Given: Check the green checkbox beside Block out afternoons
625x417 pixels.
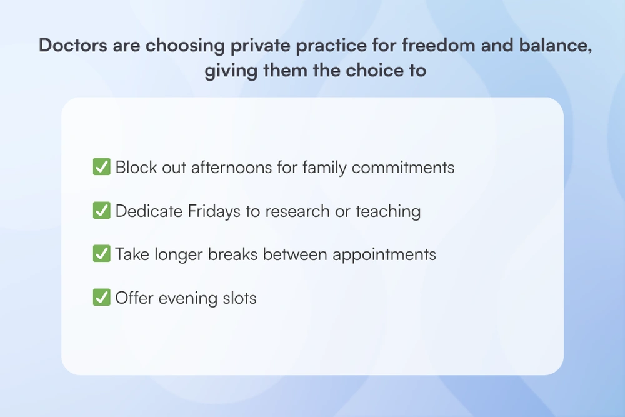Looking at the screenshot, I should tap(101, 168).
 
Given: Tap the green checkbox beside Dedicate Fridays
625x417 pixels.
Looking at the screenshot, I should tap(101, 211).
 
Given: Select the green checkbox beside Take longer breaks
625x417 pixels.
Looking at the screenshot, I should tap(101, 254).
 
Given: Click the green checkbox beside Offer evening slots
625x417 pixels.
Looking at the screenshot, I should tap(101, 298).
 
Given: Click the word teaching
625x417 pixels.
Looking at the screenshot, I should tap(388, 211).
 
